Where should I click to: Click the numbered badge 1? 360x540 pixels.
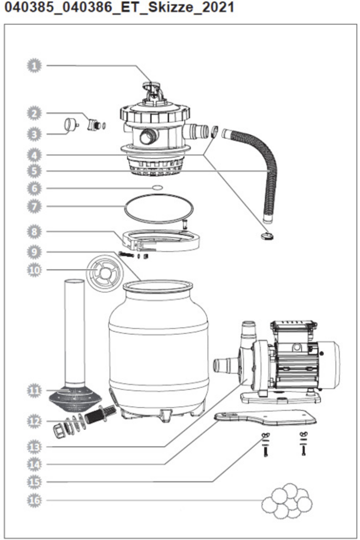tap(34, 66)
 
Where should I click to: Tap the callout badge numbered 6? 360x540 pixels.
tap(34, 188)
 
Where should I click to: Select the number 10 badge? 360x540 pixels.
tap(34, 270)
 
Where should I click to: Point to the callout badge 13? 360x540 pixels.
tap(34, 447)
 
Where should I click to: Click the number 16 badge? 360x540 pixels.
tap(34, 500)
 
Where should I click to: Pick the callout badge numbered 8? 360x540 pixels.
tap(34, 232)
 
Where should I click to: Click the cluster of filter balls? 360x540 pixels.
tap(287, 501)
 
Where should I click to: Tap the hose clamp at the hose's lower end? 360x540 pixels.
tap(268, 236)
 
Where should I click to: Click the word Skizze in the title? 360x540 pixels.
tap(171, 8)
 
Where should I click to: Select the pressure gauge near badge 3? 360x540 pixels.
tap(70, 125)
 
